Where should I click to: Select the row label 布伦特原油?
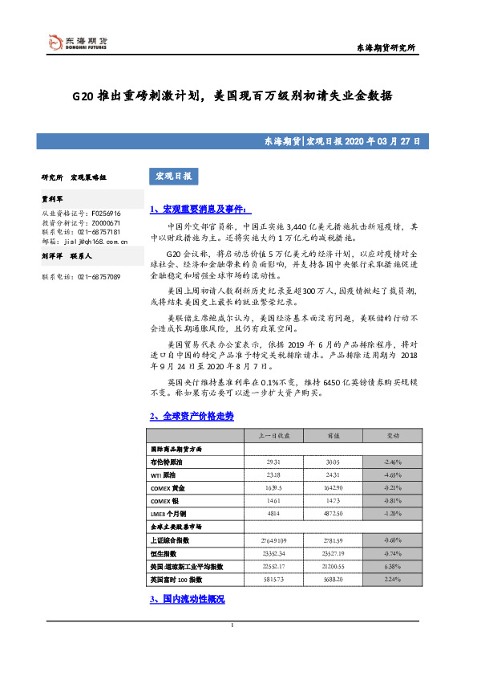pyautogui.click(x=168, y=463)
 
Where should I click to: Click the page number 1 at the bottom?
pyautogui.click(x=232, y=648)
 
